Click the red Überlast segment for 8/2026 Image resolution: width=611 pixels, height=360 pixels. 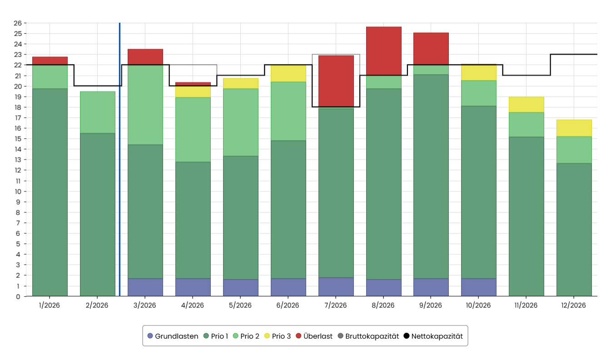click(x=383, y=51)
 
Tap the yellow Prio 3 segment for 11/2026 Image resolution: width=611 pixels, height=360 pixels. click(x=526, y=105)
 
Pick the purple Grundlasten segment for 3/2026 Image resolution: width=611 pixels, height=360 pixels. click(x=145, y=287)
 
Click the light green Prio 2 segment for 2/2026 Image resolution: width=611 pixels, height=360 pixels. click(x=98, y=112)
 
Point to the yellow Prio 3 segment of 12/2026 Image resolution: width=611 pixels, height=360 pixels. click(x=574, y=128)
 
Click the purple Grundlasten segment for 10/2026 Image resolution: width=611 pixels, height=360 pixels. click(x=478, y=287)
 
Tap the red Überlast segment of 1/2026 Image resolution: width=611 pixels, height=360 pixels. click(x=50, y=60)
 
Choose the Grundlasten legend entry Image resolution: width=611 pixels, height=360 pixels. click(x=173, y=336)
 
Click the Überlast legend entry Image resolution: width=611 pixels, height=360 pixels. click(x=314, y=336)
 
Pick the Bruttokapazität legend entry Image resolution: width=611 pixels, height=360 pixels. click(x=368, y=336)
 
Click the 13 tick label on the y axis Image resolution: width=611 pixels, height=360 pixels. click(x=17, y=160)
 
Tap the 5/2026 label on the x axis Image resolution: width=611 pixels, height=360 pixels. click(x=240, y=305)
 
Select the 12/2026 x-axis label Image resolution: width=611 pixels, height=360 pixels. click(x=574, y=305)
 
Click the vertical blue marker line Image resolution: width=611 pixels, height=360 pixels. click(x=119, y=159)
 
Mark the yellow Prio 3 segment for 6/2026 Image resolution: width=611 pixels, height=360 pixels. click(x=288, y=73)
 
